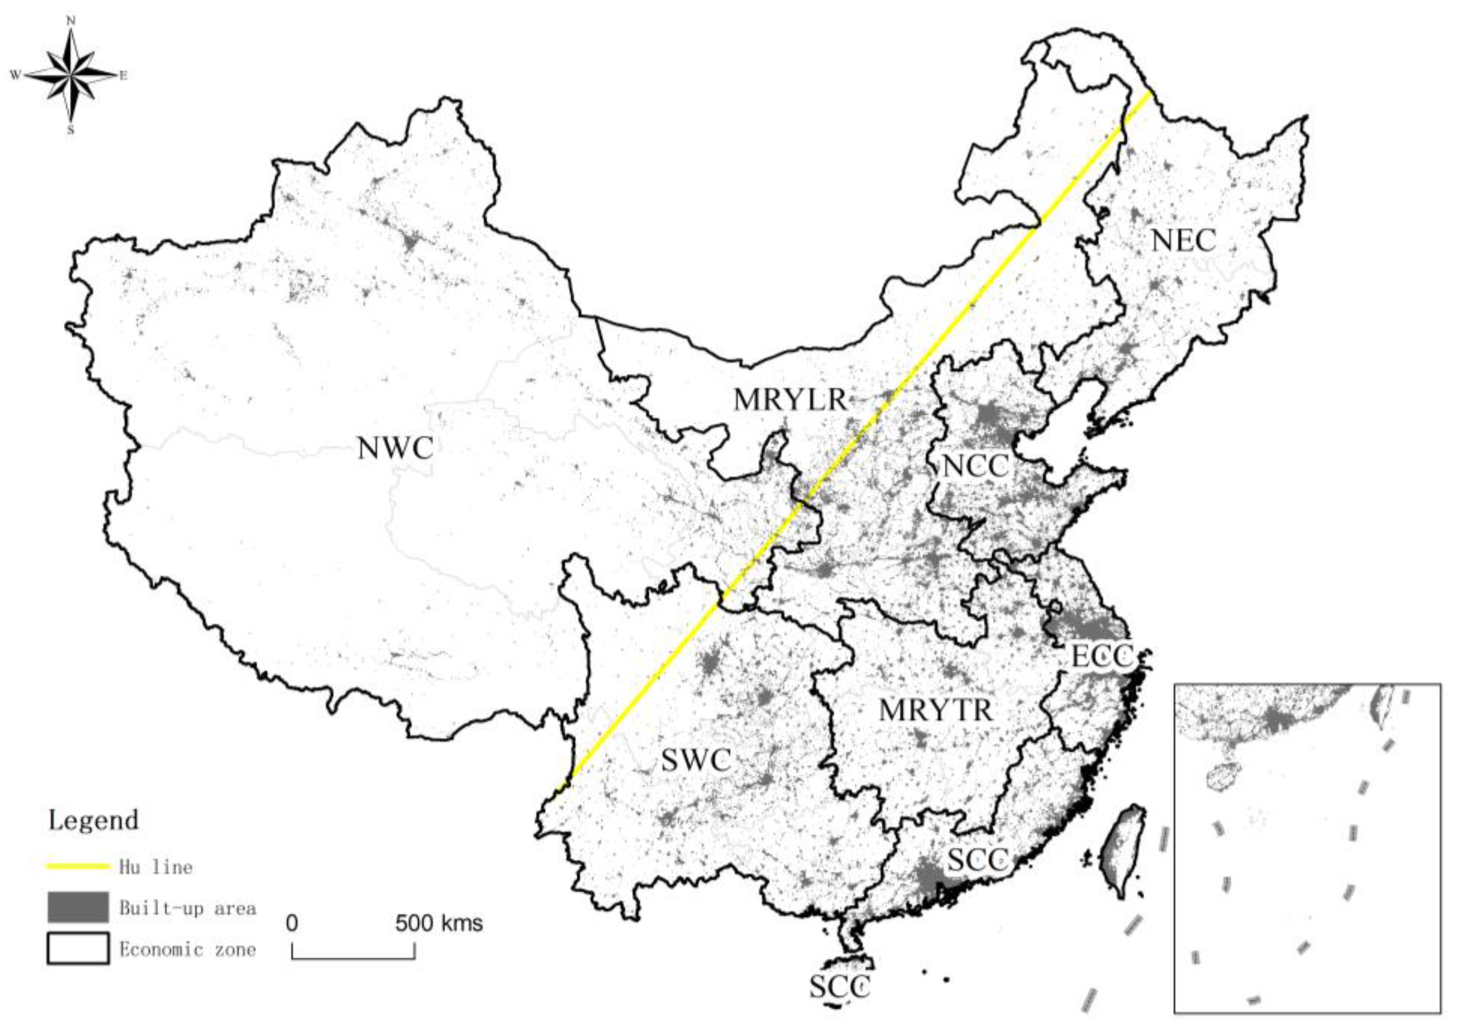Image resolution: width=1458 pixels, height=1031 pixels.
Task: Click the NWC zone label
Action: [395, 448]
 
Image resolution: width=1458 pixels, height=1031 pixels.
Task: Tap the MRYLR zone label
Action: [790, 400]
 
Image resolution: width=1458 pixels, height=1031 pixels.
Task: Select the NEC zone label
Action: [1183, 241]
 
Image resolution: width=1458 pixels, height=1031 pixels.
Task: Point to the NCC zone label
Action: [975, 467]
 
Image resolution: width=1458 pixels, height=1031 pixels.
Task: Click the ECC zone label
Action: [1102, 656]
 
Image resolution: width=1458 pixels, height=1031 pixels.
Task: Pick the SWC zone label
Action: [697, 761]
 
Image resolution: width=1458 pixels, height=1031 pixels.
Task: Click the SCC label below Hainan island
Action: [839, 987]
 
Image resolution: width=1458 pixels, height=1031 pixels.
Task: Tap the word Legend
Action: [93, 820]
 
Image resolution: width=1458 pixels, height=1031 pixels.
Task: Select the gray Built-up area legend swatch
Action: [78, 907]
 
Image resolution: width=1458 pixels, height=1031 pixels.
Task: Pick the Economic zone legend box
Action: [78, 948]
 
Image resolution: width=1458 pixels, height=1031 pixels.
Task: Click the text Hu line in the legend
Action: [156, 867]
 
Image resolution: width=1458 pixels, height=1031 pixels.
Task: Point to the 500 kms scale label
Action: [439, 923]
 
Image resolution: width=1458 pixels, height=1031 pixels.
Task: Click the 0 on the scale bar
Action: [291, 923]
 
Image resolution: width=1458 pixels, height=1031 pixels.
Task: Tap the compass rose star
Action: [71, 76]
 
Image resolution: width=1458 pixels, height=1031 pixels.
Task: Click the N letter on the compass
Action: [71, 21]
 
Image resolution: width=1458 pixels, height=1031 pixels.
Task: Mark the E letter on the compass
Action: [123, 76]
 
